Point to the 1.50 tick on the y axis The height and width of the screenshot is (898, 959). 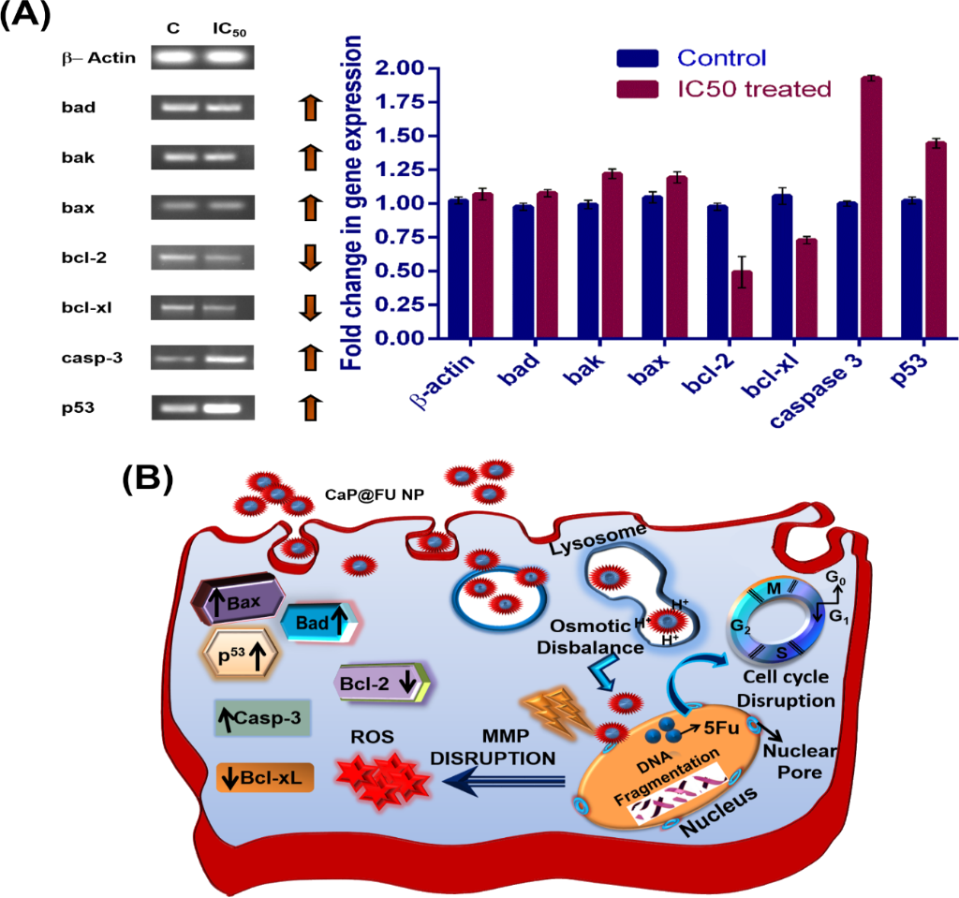coord(406,136)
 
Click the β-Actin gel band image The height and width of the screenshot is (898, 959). coord(202,58)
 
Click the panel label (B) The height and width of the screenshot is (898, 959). coord(147,478)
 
